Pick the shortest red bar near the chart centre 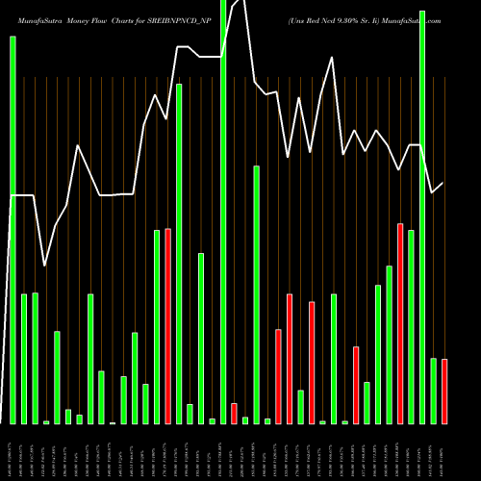234,413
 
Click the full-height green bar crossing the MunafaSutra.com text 422,216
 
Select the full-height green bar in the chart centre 223,212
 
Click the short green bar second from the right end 434,391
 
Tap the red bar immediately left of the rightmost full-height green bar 400,323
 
